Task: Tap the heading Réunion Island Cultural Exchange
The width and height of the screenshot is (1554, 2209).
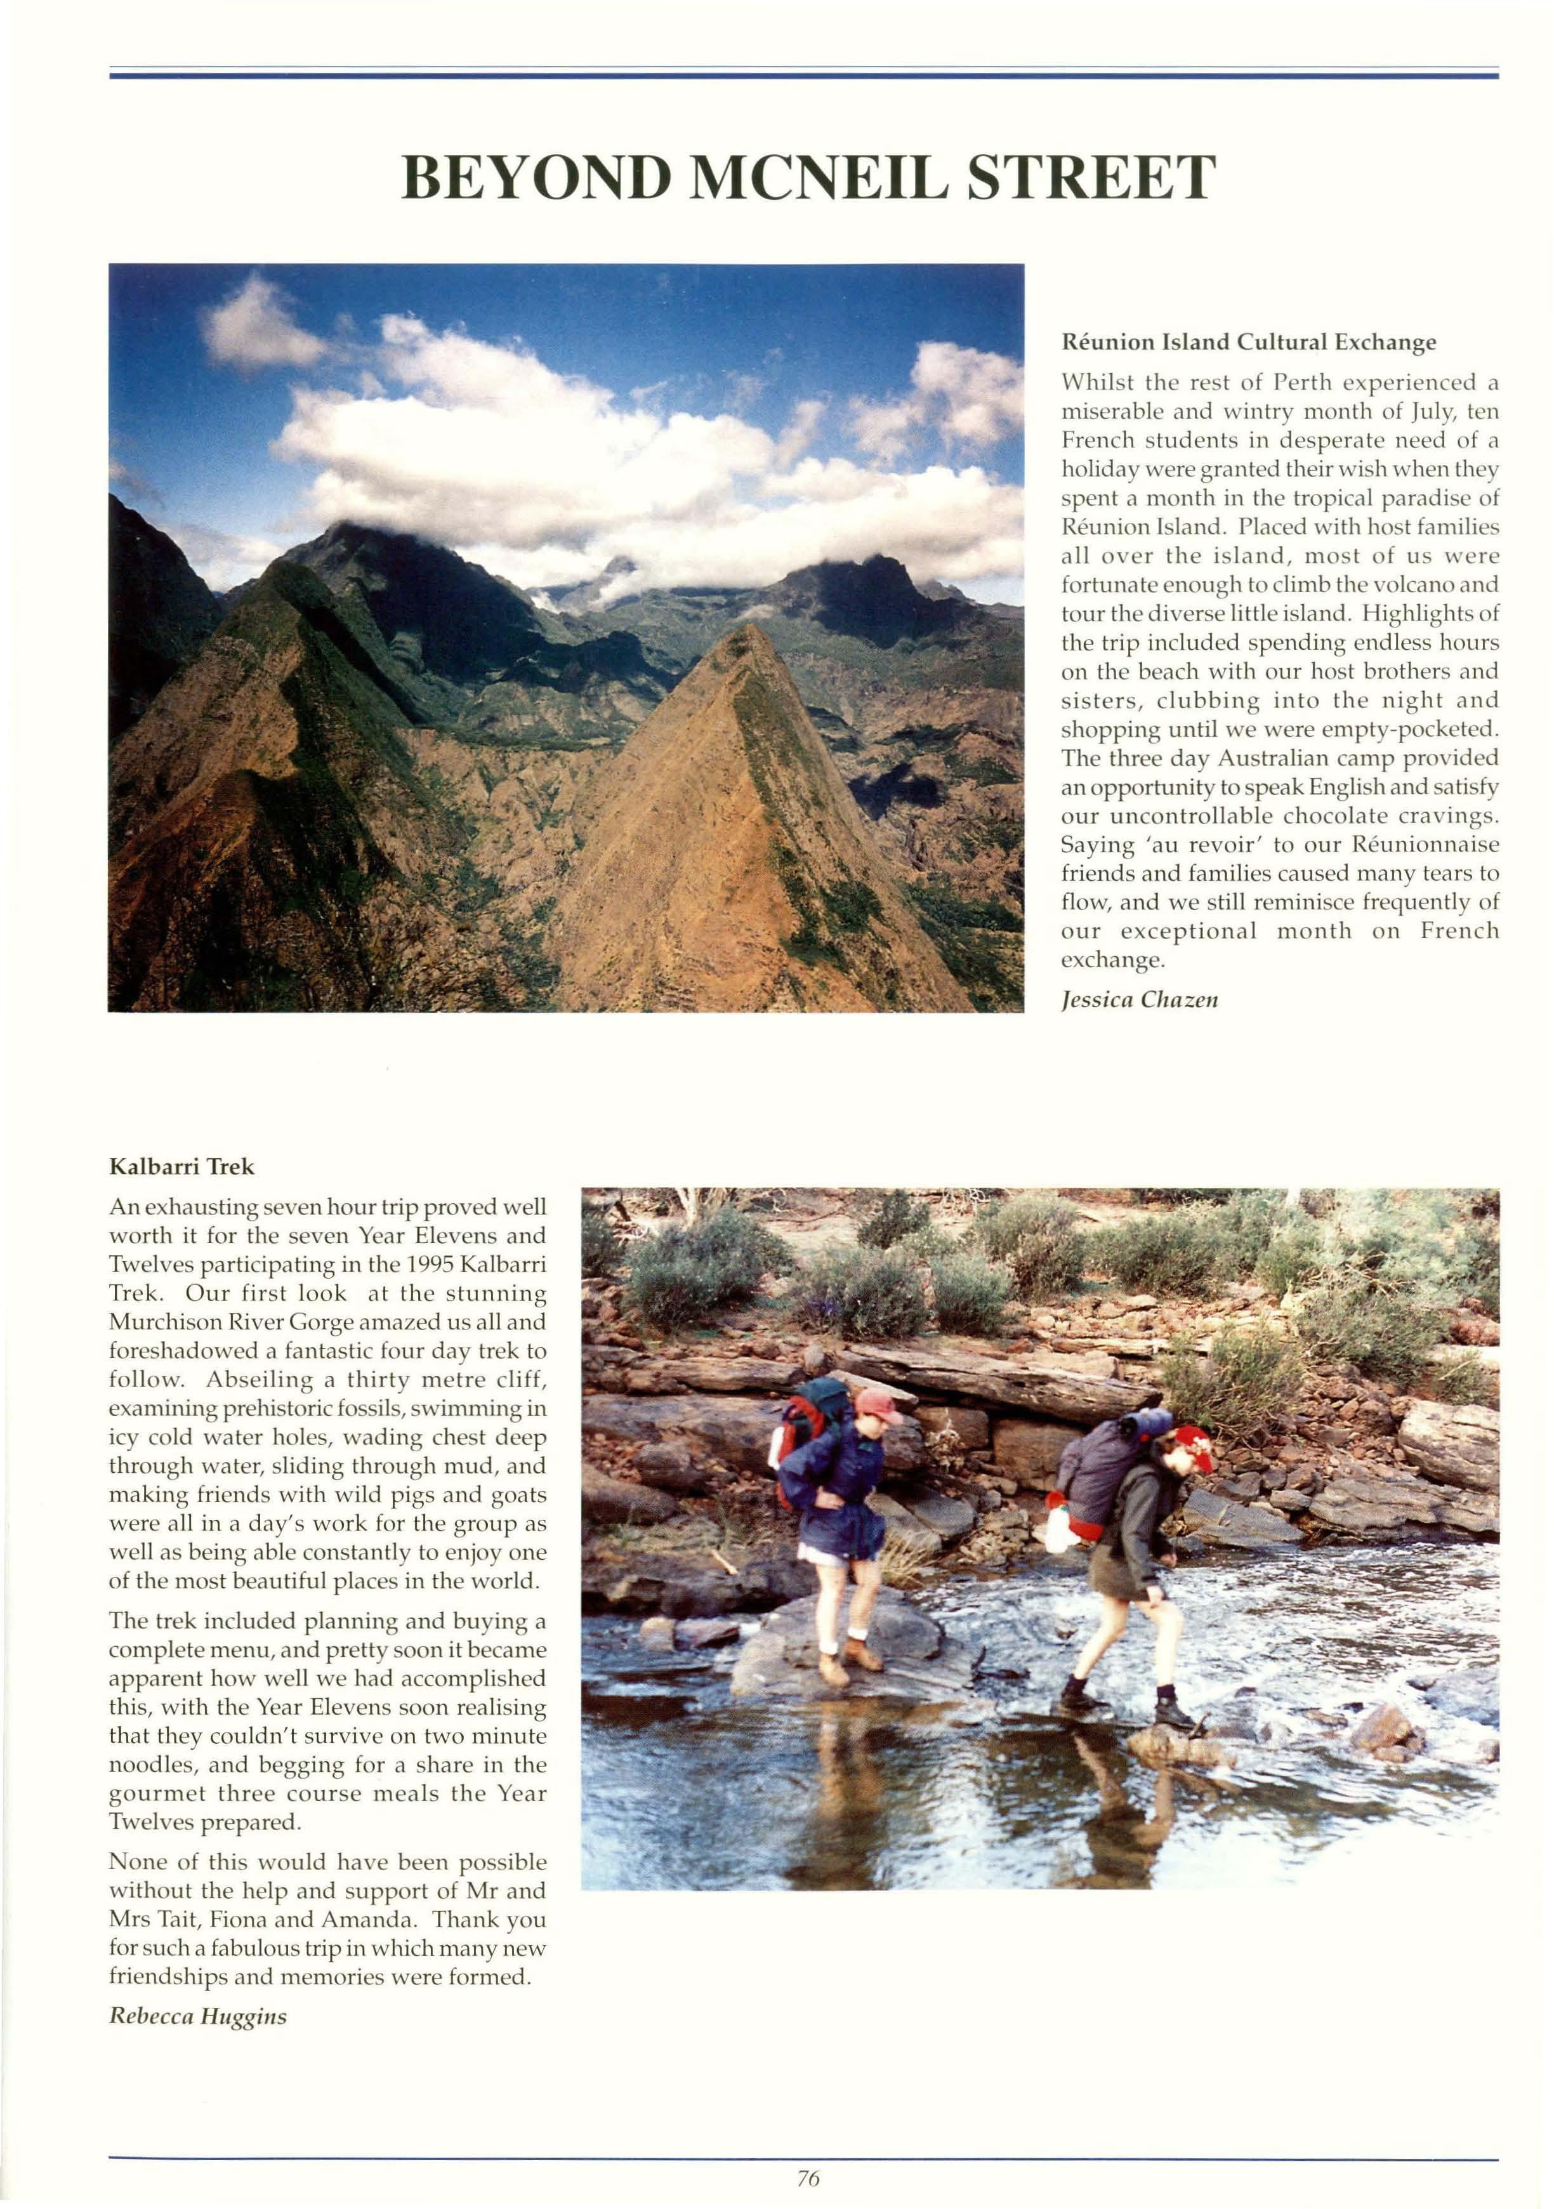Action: coord(1248,341)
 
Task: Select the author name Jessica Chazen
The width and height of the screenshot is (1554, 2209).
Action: coord(1139,999)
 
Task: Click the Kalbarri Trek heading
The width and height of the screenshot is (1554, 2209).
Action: coord(182,1167)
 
